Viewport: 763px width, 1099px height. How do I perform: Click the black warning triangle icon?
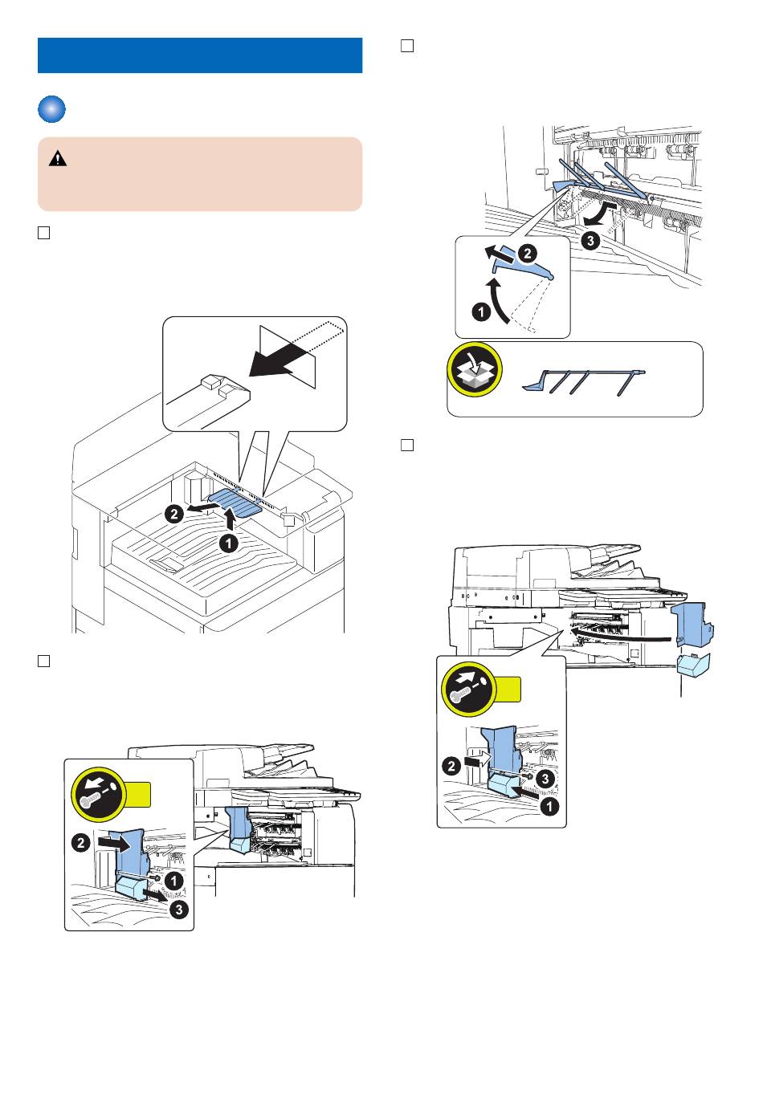pos(58,159)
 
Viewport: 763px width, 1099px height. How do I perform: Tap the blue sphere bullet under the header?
pos(51,110)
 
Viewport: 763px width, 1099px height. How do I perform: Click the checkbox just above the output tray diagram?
pos(44,233)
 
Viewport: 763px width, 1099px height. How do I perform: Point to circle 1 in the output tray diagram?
pos(229,543)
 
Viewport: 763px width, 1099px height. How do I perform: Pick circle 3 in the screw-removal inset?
pos(178,910)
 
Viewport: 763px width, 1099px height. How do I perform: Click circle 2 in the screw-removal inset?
pos(80,843)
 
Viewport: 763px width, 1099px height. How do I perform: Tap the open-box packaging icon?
pos(475,372)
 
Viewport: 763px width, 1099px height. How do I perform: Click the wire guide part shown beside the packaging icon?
pos(583,381)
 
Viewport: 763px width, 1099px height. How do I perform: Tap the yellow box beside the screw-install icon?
pos(508,689)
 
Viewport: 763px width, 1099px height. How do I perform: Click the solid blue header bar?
pos(200,55)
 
